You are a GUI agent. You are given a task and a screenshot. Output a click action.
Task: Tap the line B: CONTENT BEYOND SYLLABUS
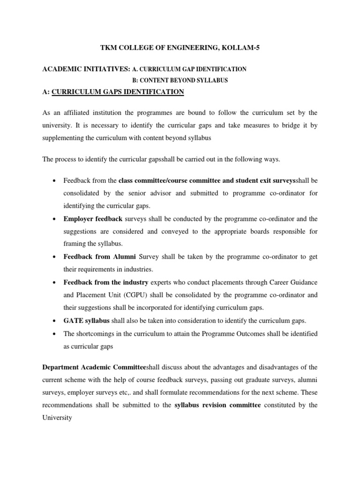pos(180,80)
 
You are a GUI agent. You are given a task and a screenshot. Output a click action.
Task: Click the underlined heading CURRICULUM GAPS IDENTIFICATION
pos(118,92)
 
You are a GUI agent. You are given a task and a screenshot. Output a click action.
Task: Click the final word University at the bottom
pos(57,418)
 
